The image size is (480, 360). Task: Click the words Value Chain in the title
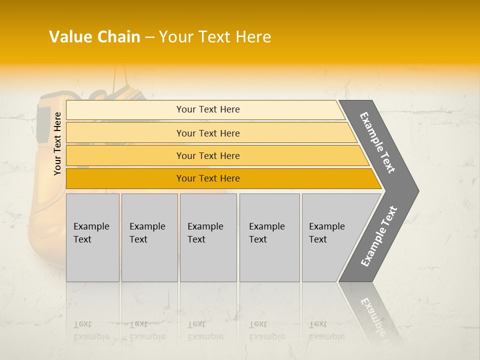point(94,37)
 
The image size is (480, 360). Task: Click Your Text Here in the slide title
point(215,37)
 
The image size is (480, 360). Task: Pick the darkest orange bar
point(125,178)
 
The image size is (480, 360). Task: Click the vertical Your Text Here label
point(57,143)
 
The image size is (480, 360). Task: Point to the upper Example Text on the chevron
point(377,142)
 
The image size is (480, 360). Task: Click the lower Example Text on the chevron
point(379,236)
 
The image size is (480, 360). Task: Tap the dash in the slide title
point(149,37)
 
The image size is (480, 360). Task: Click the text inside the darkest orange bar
point(208,178)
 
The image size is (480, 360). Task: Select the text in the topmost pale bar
point(208,109)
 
